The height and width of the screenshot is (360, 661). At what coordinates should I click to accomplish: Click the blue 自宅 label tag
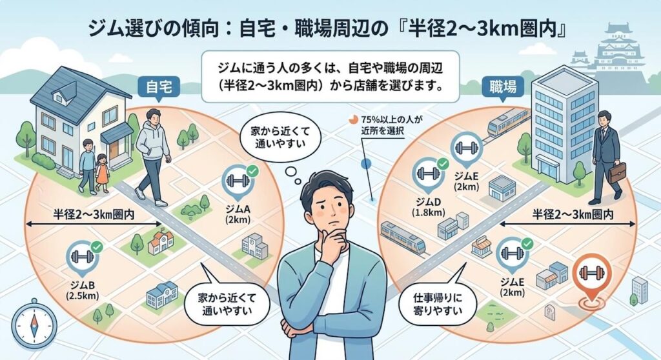(159, 87)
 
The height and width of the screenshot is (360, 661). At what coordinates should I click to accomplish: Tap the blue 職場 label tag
(502, 87)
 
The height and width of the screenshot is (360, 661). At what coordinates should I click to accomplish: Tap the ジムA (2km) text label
(238, 214)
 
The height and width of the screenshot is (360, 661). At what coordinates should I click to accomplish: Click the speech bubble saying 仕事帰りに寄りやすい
(438, 303)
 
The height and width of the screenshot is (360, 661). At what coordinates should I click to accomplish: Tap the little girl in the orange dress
(102, 174)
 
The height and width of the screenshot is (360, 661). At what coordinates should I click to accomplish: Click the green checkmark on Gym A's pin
(252, 171)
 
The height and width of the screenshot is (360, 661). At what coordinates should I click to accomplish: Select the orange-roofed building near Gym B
(160, 243)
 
